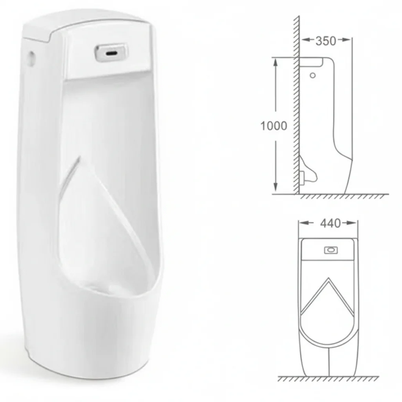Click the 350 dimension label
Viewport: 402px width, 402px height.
pos(325,41)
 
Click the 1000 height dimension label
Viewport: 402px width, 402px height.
pos(274,126)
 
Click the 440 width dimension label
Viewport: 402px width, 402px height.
pos(331,223)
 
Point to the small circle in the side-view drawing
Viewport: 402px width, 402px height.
pos(312,75)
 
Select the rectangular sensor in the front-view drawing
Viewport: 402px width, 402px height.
pos(331,250)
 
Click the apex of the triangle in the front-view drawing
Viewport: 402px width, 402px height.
pos(328,278)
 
